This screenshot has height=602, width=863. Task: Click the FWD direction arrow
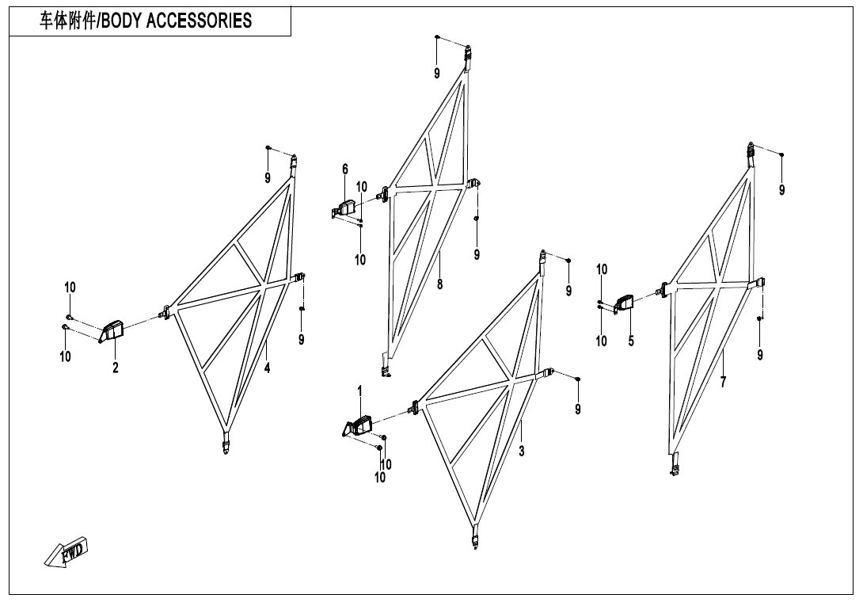[66, 552]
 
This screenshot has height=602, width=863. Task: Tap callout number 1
[360, 391]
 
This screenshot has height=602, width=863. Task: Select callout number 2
[116, 368]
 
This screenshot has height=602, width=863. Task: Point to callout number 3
[521, 451]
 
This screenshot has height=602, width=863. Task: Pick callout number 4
[267, 368]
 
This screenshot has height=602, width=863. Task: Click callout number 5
[631, 341]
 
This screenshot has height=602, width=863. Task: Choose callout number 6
[345, 169]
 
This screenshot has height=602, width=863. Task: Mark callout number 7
[723, 382]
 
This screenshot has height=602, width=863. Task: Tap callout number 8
[439, 284]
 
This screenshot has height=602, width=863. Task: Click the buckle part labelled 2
[112, 332]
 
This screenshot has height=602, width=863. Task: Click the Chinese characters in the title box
[67, 21]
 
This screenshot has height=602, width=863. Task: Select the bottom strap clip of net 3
[476, 536]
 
